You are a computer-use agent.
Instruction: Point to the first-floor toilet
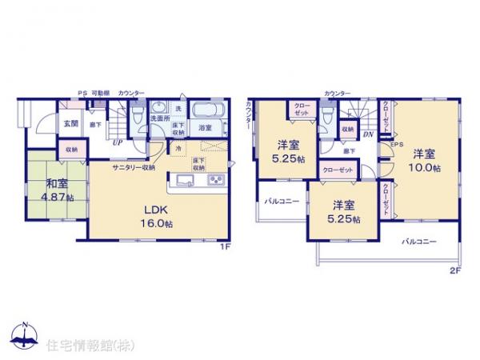(138, 118)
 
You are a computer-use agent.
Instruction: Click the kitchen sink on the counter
(181, 178)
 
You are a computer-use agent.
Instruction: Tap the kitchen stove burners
(218, 178)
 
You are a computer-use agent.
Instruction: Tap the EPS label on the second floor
(394, 144)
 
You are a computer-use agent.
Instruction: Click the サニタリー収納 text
(133, 168)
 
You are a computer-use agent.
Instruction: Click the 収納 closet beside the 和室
(72, 149)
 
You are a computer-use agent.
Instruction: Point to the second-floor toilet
(326, 118)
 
